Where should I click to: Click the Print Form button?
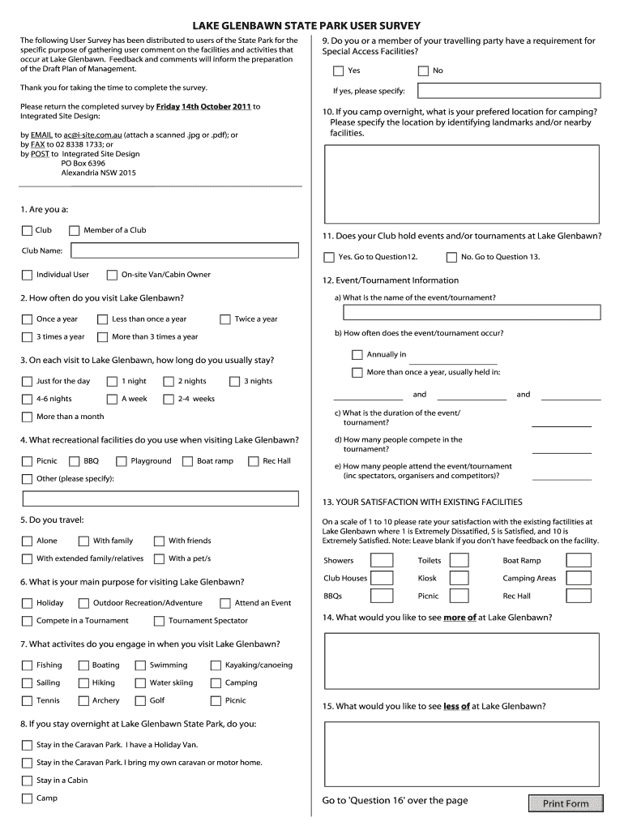pos(566,803)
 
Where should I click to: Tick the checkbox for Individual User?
pos(28,275)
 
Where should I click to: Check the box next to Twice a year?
pos(225,319)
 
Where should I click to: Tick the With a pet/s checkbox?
pos(159,558)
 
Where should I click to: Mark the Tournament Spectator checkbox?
pos(159,621)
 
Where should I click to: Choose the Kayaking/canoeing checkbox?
pos(216,665)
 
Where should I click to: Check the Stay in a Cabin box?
pos(28,781)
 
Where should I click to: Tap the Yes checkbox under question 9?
pos(339,71)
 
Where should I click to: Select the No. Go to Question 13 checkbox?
pos(451,257)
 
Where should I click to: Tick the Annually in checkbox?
pos(357,355)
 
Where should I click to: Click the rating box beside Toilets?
pos(459,560)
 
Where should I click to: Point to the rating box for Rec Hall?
pos(579,596)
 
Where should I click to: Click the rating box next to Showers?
pos(382,560)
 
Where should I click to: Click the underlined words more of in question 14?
pos(459,618)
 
